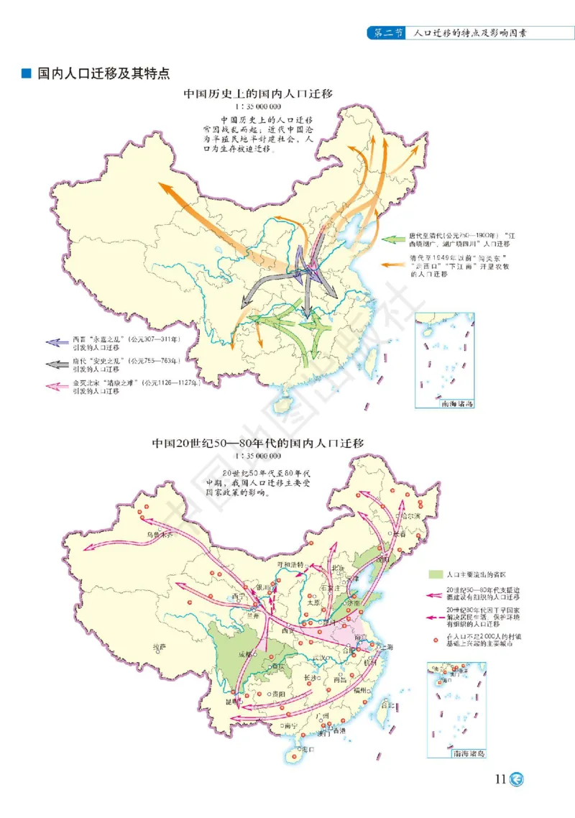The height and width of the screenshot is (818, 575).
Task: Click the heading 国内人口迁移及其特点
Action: click(103, 73)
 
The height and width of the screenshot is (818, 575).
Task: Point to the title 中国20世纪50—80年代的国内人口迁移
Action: click(257, 444)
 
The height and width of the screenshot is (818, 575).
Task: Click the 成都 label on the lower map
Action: click(247, 656)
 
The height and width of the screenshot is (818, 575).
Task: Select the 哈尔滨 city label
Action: click(411, 516)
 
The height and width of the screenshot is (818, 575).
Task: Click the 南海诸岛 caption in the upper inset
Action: click(458, 405)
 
